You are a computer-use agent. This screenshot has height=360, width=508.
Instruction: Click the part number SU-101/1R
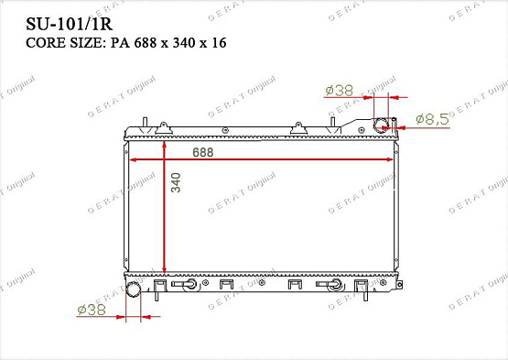(70, 24)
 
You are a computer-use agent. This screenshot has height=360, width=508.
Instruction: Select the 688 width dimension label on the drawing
(203, 152)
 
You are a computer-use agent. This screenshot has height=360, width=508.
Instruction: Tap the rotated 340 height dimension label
(176, 182)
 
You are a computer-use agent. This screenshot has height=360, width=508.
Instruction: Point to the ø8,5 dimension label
(432, 119)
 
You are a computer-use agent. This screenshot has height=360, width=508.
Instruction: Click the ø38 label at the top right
(339, 91)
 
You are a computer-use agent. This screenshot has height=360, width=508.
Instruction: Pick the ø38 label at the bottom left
(92, 310)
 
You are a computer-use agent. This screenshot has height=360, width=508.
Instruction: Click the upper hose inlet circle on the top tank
(381, 125)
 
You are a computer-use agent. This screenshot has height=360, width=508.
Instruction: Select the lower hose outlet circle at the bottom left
(133, 289)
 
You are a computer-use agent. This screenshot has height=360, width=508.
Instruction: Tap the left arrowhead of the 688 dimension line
(133, 159)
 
